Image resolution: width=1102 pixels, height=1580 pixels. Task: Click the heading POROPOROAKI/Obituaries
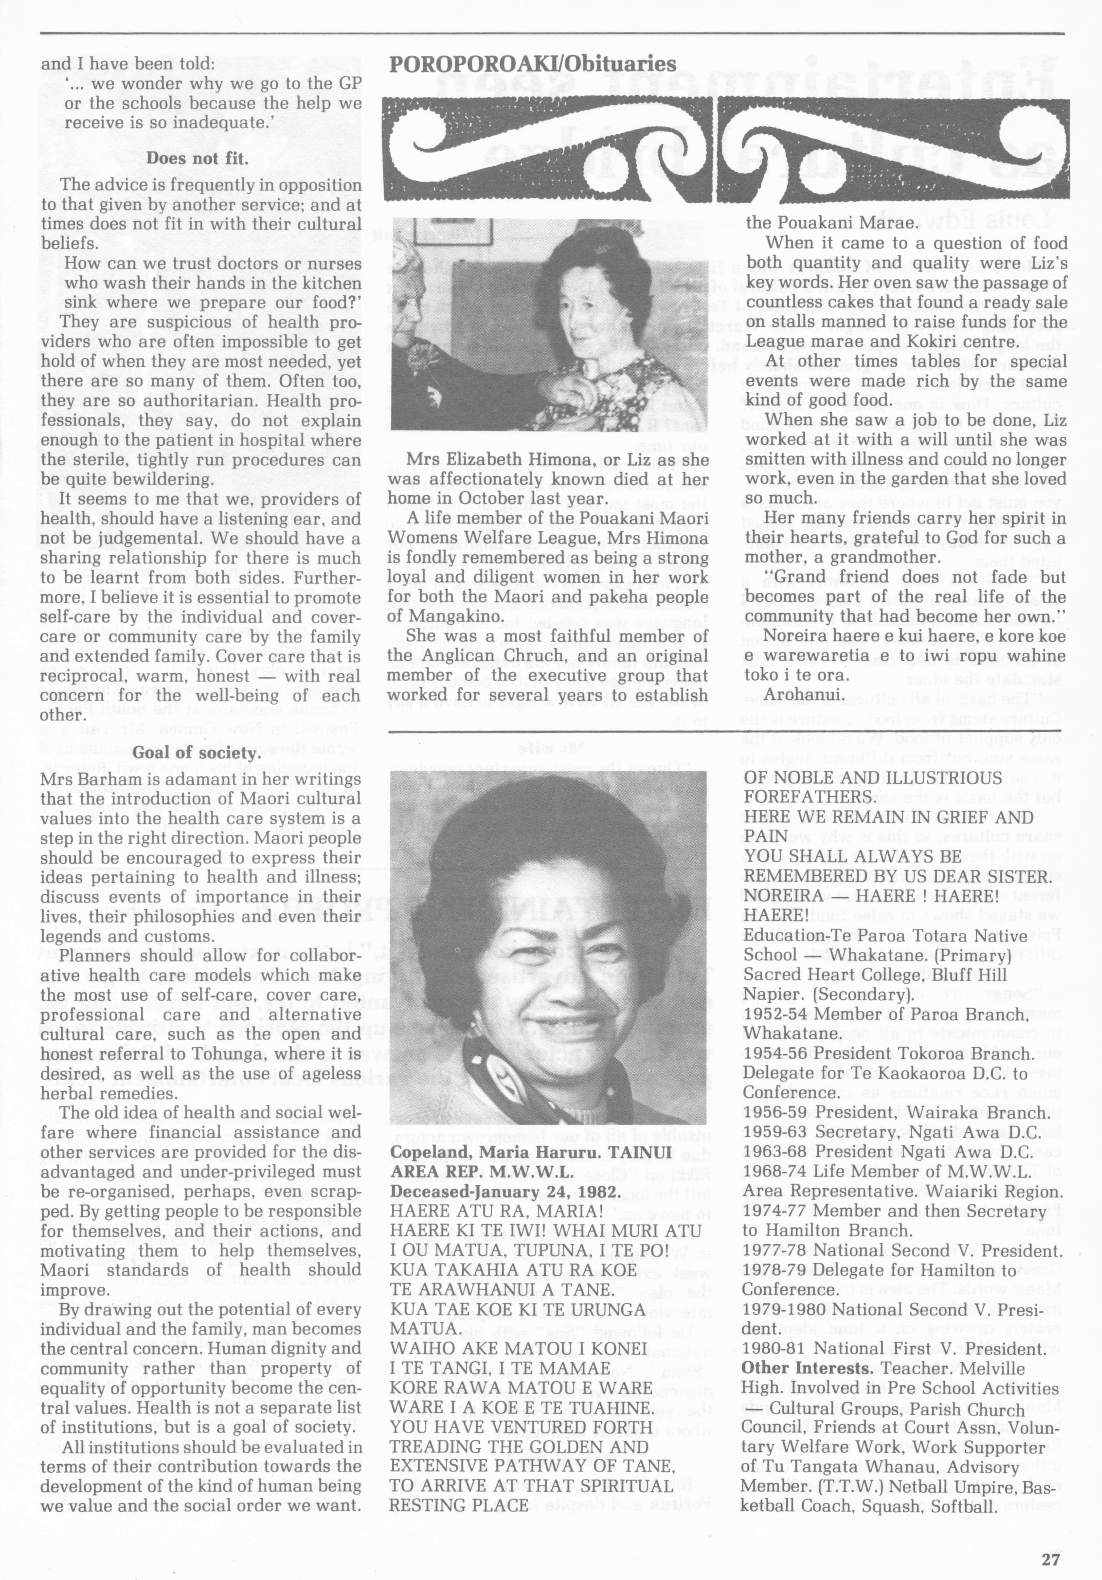point(533,64)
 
